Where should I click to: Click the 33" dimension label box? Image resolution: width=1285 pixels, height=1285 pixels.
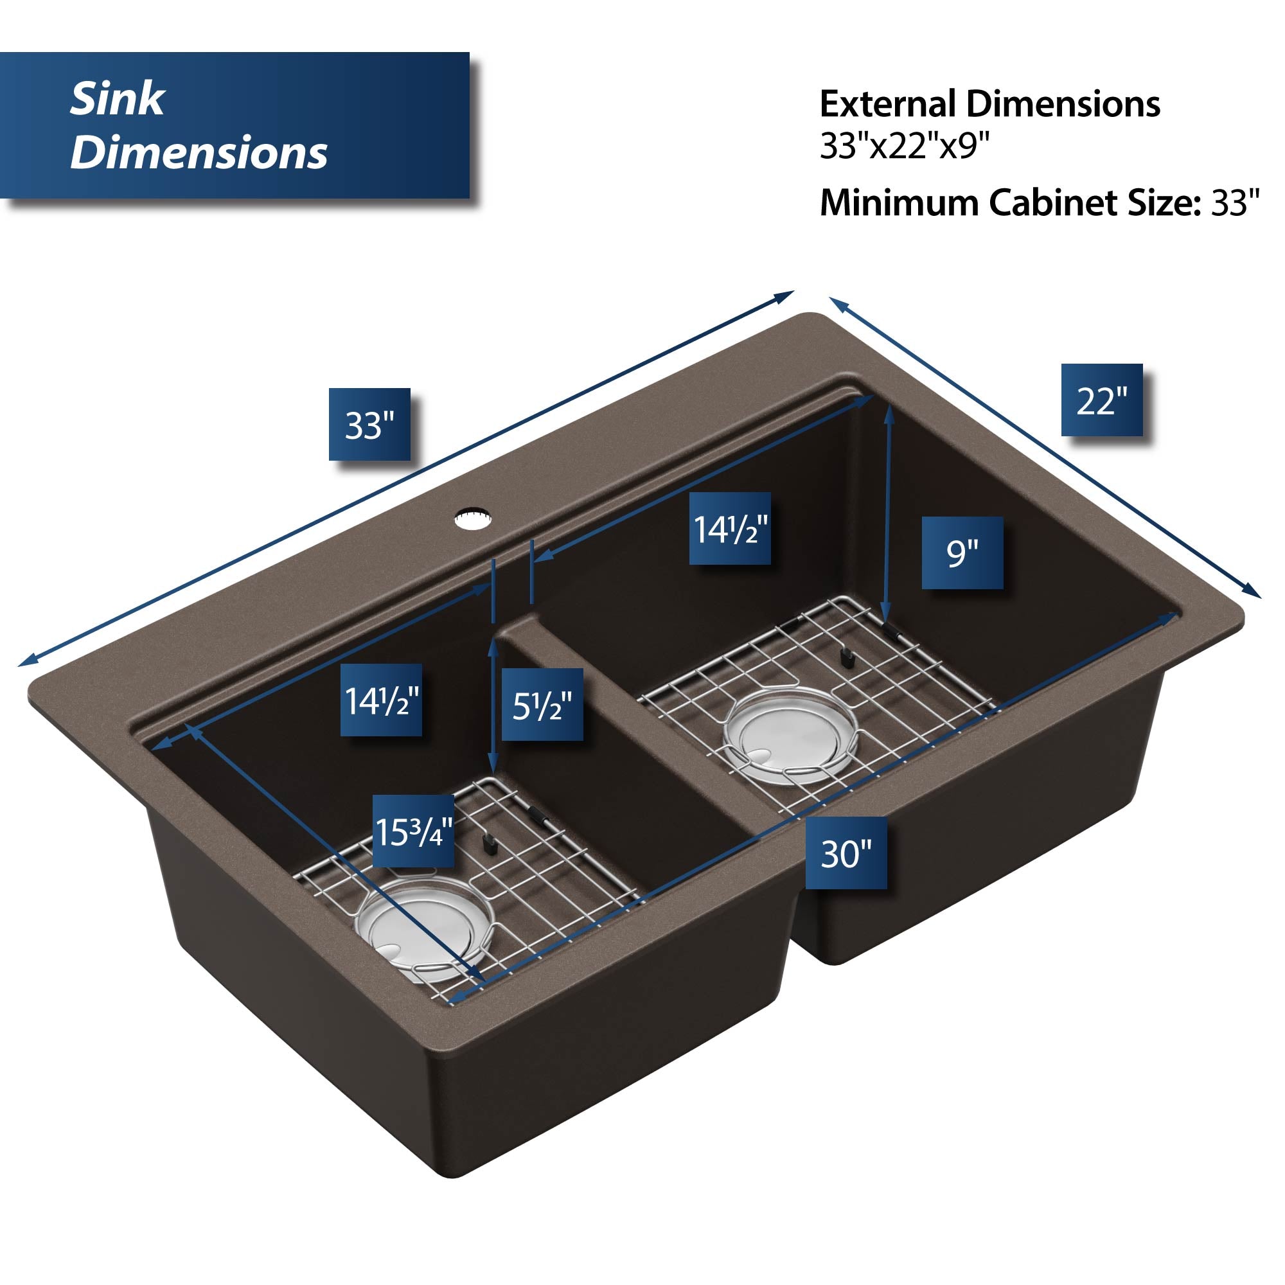tap(369, 424)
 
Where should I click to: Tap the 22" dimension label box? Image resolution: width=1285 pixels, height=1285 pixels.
tap(1101, 400)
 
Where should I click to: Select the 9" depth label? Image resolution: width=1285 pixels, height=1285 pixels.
tap(962, 553)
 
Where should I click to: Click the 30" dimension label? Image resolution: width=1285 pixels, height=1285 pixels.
tap(846, 853)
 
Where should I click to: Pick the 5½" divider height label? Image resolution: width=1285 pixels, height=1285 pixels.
tap(542, 705)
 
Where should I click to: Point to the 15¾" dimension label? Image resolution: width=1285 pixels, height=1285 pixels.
tap(413, 831)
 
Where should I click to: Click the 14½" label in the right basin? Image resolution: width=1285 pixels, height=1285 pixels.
tap(730, 529)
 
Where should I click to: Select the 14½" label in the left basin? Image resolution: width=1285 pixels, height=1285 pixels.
tap(381, 700)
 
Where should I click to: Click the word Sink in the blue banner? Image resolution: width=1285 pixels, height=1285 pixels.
tap(117, 99)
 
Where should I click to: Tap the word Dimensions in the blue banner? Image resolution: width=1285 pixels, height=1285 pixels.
tap(199, 152)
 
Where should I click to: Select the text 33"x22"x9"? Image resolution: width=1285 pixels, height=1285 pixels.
tap(905, 146)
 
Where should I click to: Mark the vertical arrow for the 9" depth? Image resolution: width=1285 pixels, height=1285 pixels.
tap(887, 514)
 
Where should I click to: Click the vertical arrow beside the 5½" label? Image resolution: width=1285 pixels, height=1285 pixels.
tap(493, 705)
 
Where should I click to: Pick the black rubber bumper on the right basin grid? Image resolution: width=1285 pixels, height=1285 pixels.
tap(846, 658)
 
